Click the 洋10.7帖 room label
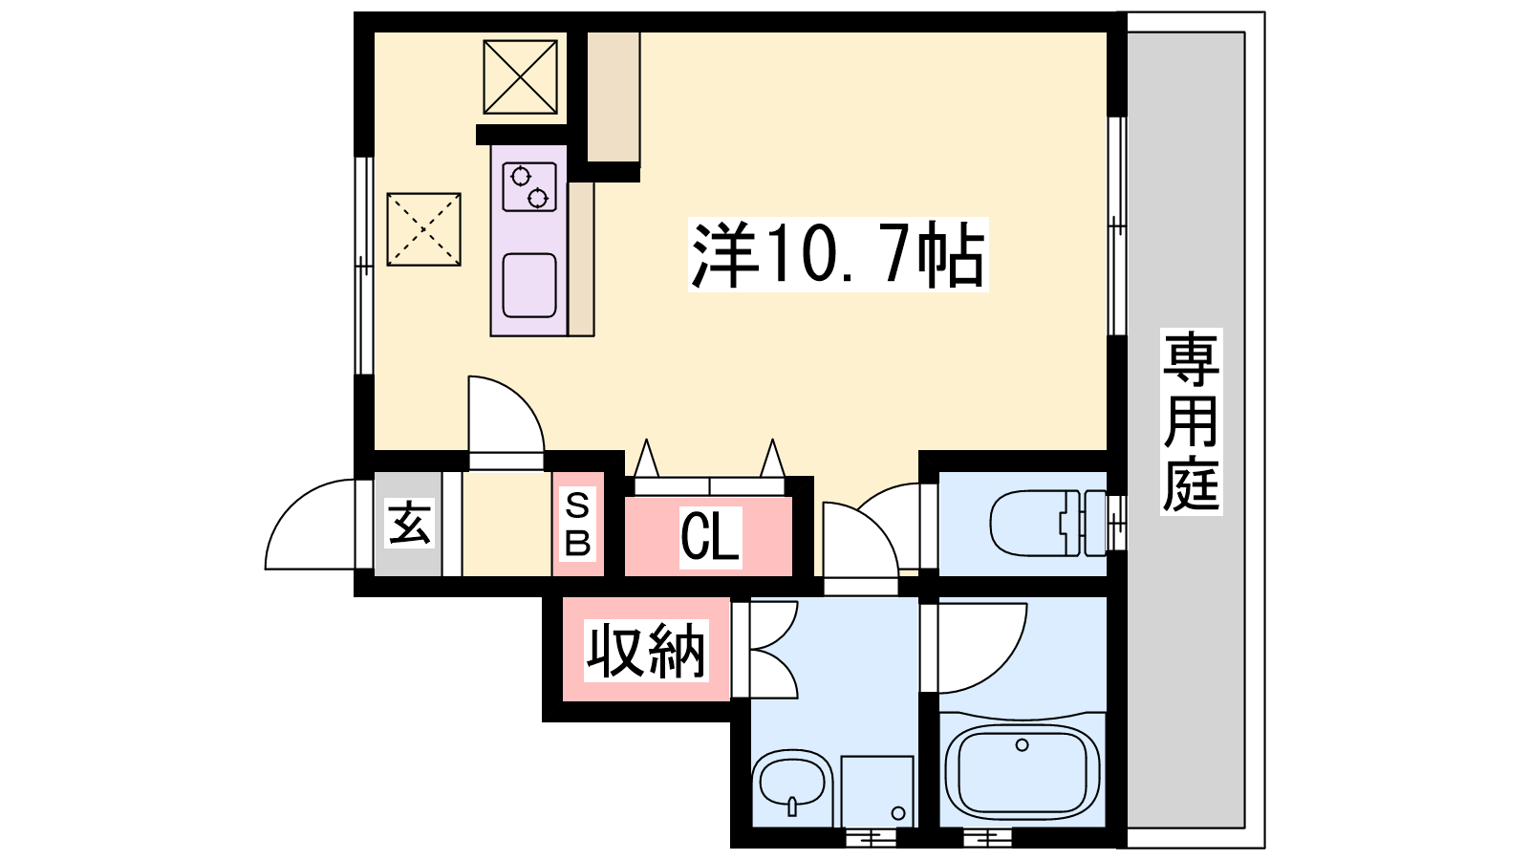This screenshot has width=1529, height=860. (838, 254)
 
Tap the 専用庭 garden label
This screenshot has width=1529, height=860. (1191, 421)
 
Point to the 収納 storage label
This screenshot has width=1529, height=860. (646, 651)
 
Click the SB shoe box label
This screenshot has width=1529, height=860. (577, 525)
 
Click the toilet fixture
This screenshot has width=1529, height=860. (1048, 524)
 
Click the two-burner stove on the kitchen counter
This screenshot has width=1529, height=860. (529, 186)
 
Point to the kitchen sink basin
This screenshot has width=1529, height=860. (529, 286)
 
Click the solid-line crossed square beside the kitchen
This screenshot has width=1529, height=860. (520, 76)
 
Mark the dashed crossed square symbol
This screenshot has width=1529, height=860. (424, 229)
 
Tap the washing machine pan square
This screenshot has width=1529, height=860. (877, 792)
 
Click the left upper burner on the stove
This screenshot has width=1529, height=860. (521, 177)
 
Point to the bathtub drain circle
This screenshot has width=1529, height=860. (1022, 744)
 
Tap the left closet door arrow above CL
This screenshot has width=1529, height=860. (646, 458)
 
